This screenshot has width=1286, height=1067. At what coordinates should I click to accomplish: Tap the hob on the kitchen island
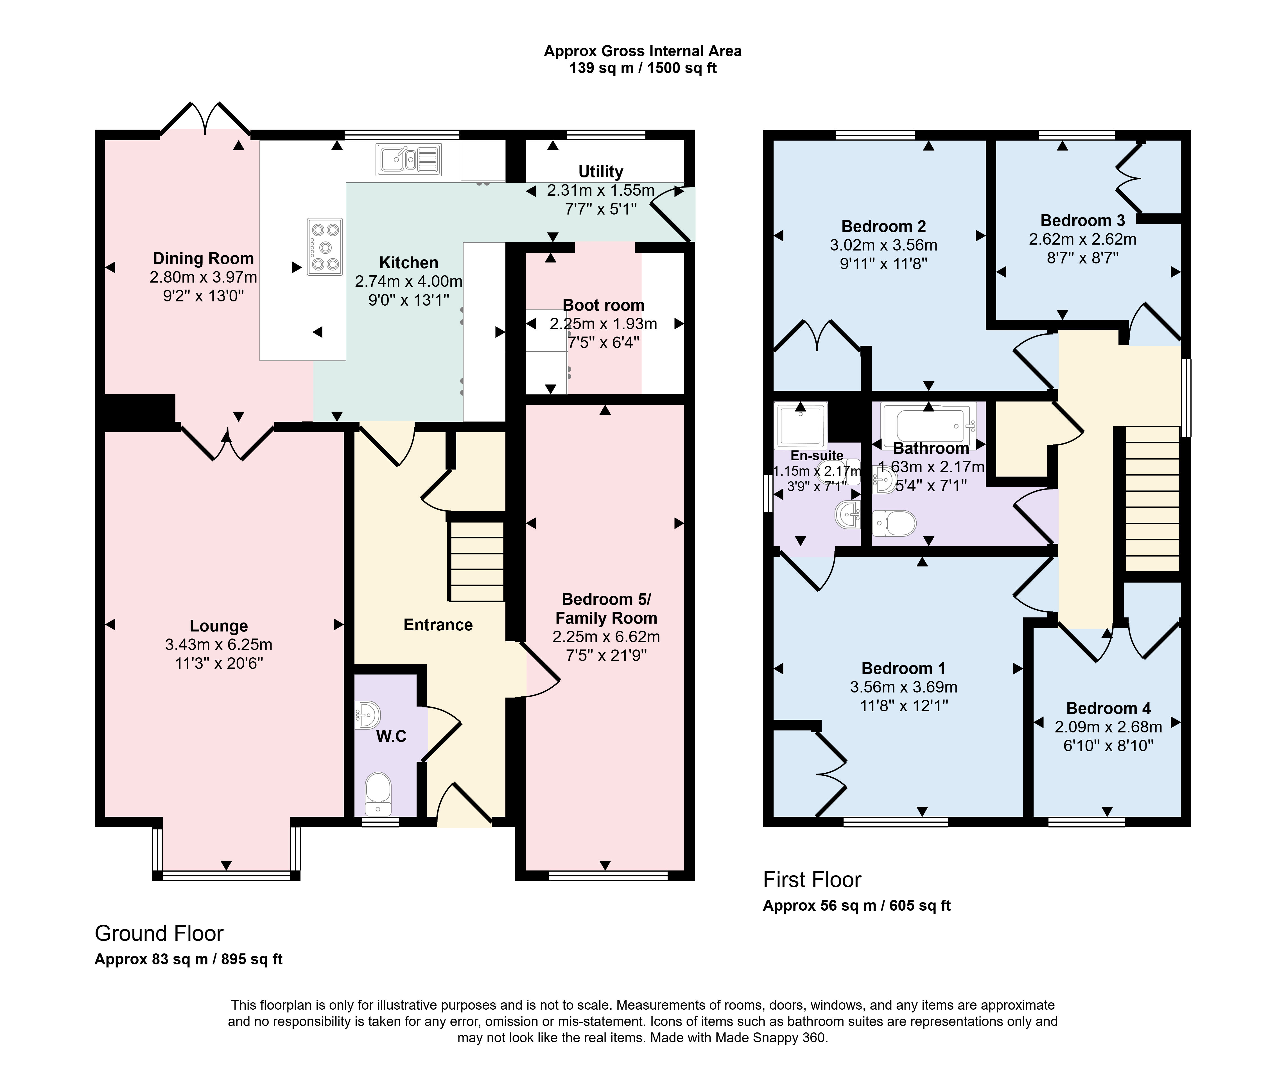[x=325, y=247]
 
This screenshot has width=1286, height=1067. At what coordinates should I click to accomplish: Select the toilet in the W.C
[x=378, y=794]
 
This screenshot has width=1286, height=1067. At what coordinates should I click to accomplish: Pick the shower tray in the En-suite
[x=800, y=425]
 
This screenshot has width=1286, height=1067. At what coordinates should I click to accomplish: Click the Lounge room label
[x=219, y=626]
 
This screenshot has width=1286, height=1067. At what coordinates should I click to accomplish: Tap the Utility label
[x=601, y=172]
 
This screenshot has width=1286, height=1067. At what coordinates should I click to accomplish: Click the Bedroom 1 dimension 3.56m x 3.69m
[x=904, y=687]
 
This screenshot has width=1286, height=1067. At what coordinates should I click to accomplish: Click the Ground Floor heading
[x=159, y=933]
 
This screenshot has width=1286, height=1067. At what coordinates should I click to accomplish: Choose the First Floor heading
[x=812, y=880]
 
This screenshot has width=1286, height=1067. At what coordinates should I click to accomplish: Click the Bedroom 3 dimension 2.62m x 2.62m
[x=1083, y=240]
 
